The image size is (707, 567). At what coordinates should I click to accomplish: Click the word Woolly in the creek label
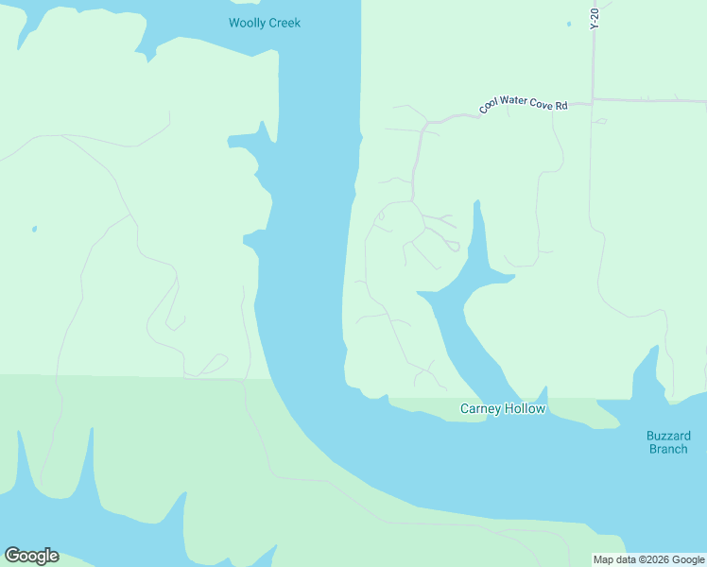pyautogui.click(x=248, y=23)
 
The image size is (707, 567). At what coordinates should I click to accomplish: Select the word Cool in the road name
pyautogui.click(x=489, y=107)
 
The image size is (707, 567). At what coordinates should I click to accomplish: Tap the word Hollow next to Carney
pyautogui.click(x=526, y=409)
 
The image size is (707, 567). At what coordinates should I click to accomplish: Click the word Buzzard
pyautogui.click(x=668, y=436)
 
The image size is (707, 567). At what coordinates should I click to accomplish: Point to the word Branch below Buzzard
pyautogui.click(x=668, y=449)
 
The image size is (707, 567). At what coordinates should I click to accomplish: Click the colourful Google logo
pyautogui.click(x=31, y=556)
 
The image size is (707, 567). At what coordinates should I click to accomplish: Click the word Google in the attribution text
pyautogui.click(x=689, y=560)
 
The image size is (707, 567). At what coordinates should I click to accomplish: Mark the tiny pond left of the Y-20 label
pyautogui.click(x=569, y=24)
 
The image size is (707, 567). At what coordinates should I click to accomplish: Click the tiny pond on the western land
pyautogui.click(x=34, y=229)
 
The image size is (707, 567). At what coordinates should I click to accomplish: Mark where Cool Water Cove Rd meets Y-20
pyautogui.click(x=593, y=99)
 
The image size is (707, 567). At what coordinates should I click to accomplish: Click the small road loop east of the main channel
pyautogui.click(x=454, y=247)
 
